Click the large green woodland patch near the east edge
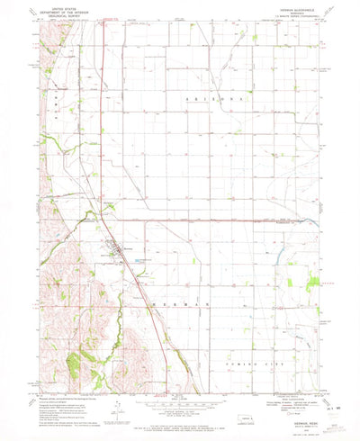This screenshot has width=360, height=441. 311,285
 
